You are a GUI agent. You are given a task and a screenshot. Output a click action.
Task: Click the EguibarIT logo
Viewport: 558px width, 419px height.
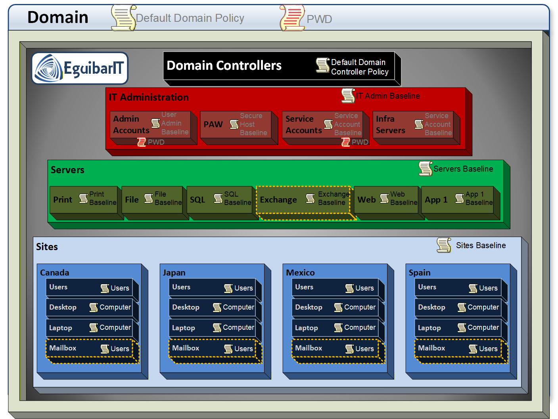[80, 68]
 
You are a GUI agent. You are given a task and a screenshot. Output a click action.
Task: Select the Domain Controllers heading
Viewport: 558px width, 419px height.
[224, 65]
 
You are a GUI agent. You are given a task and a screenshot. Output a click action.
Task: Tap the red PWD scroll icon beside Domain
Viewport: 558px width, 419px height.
[292, 18]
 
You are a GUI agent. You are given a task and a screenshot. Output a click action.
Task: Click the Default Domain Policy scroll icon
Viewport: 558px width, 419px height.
[123, 18]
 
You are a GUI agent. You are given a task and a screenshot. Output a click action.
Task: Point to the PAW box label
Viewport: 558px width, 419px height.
[213, 124]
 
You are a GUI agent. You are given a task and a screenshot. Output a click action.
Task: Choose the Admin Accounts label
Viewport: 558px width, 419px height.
[131, 124]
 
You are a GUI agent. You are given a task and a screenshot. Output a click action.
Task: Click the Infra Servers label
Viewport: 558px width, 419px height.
[390, 124]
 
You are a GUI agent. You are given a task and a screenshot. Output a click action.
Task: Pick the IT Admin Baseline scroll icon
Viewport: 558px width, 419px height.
[348, 96]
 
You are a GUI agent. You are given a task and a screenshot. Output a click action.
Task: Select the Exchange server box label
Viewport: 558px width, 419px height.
[278, 200]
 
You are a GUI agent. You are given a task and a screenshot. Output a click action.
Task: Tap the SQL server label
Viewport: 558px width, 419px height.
[198, 200]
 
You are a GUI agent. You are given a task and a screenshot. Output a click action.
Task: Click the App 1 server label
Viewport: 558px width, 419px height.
[436, 200]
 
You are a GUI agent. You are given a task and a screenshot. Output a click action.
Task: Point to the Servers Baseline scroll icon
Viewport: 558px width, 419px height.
[425, 169]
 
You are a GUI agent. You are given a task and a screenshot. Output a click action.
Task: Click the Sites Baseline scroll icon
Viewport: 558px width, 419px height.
[444, 245]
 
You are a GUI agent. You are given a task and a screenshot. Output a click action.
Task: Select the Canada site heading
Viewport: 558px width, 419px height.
[55, 273]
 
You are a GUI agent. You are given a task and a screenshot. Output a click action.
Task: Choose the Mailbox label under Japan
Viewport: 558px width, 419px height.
[186, 348]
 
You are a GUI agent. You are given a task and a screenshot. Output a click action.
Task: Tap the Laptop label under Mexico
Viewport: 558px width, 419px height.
[306, 328]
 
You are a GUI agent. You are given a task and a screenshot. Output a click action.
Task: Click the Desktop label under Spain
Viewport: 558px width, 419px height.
[431, 307]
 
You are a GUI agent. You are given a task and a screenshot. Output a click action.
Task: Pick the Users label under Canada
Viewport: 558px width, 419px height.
[58, 287]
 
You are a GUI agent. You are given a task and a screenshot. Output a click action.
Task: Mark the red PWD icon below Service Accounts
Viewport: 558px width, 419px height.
[346, 142]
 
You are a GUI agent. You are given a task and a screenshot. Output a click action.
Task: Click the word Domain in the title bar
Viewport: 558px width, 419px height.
[58, 17]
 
